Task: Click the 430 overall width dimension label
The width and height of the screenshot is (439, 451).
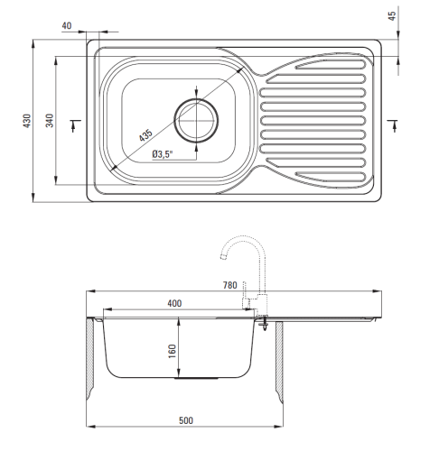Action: click(27, 121)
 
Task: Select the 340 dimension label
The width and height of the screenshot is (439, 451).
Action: click(50, 120)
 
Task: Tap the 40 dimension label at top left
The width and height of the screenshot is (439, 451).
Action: click(67, 26)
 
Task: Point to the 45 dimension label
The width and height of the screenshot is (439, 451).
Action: click(392, 16)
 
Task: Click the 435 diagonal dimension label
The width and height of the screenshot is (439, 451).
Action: click(145, 135)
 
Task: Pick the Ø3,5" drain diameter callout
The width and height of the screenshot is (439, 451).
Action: click(163, 154)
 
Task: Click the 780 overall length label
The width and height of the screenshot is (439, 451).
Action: click(230, 285)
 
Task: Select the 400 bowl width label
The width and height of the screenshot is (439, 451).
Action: click(174, 303)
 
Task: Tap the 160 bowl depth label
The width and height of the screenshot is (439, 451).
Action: click(172, 351)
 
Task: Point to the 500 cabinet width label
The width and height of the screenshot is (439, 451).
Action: click(186, 420)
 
